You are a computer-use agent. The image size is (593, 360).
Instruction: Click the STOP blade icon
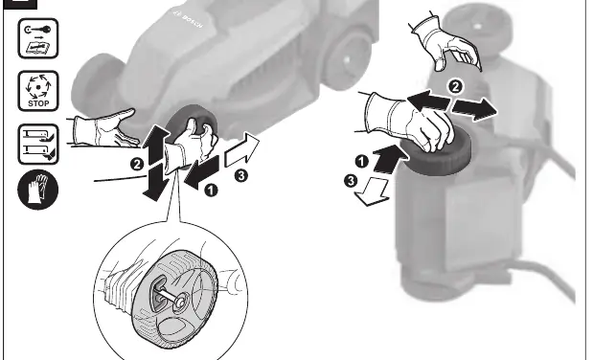38,91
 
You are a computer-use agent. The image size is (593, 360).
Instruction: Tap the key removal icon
38,38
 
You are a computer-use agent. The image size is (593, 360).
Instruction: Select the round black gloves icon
37,190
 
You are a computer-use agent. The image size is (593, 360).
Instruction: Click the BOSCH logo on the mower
188,19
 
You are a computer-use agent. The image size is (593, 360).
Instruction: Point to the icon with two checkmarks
38,144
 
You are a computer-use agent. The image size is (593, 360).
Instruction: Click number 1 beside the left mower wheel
211,190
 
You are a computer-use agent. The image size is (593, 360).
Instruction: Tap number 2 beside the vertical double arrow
137,165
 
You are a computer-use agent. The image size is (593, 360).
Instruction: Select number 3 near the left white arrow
240,175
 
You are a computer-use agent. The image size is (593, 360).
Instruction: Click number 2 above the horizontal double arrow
455,86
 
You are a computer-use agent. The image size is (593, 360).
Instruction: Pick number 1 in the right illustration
362,162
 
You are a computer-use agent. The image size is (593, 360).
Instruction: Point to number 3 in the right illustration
351,181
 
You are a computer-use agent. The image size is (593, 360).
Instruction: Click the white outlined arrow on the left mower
242,149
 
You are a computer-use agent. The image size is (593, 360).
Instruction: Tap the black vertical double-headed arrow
156,162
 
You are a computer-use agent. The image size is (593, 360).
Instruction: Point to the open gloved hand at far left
104,128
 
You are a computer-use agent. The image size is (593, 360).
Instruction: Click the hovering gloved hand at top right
446,43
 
